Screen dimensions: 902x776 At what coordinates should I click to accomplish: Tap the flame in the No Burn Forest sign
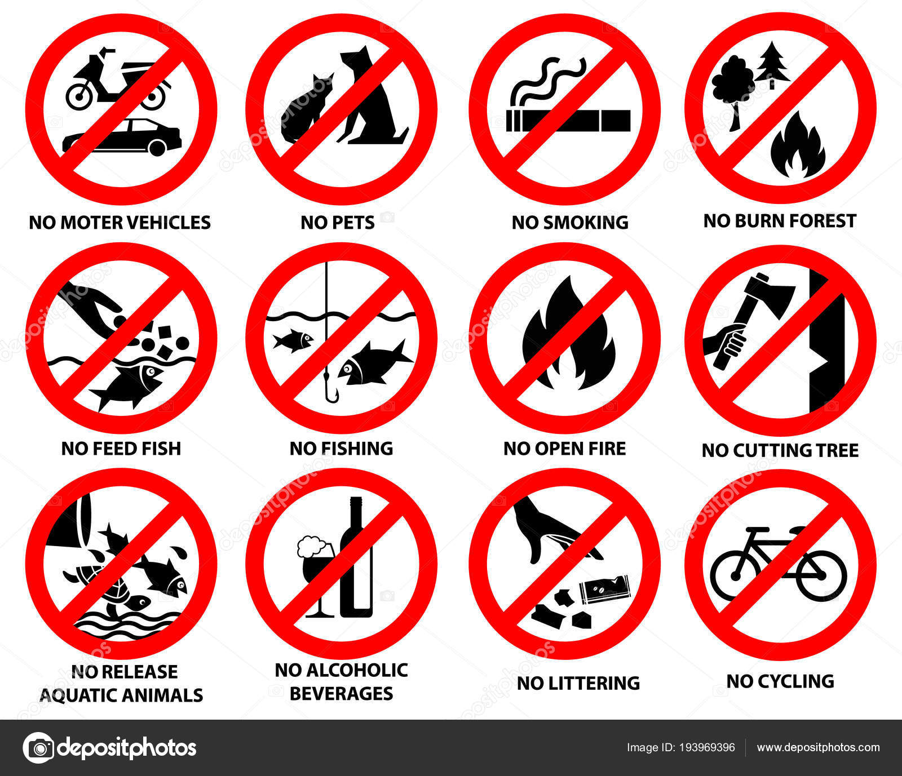click(x=797, y=145)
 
